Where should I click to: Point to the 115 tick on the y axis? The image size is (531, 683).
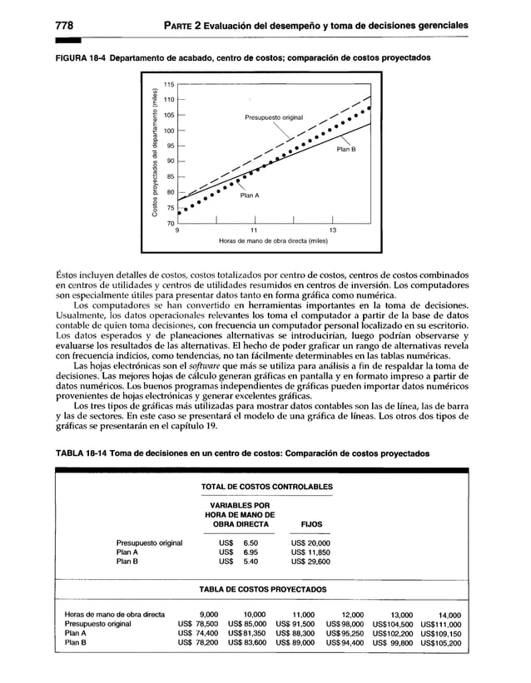pos(169,85)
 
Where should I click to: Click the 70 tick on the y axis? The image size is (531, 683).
pos(170,224)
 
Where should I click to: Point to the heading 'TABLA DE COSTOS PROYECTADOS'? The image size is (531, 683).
pos(263,590)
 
